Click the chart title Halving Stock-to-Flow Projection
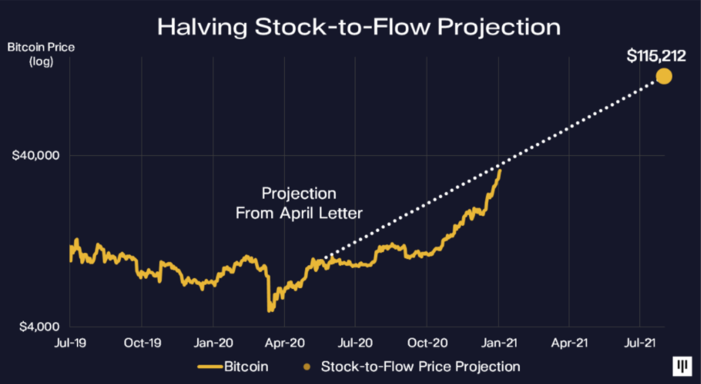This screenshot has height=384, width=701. tap(359, 27)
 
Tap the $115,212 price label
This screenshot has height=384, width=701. tap(656, 56)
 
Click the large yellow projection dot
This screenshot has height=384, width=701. tap(664, 76)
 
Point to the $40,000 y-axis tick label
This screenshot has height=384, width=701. tap(35, 155)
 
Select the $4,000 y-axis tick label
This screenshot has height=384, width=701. tap(39, 326)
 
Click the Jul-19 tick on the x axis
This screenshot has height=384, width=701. tap(70, 343)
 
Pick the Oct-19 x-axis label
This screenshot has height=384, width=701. tap(142, 343)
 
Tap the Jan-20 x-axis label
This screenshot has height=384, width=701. tap(213, 343)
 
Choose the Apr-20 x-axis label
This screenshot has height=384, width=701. tap(285, 343)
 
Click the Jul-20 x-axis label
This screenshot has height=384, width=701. tap(355, 343)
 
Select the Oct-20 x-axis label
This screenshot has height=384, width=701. tap(427, 343)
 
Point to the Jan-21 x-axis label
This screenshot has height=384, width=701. tap(499, 343)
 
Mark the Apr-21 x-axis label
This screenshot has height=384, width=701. tap(569, 343)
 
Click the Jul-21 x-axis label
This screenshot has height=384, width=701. tap(640, 343)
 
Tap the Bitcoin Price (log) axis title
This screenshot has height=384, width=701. tap(41, 54)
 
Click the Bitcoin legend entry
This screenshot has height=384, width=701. tap(233, 366)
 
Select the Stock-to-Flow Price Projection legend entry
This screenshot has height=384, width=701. tap(412, 366)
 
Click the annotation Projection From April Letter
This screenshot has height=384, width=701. tap(299, 203)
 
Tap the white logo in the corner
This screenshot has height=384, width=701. tap(682, 366)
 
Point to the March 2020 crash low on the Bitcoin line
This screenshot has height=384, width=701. tap(270, 310)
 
